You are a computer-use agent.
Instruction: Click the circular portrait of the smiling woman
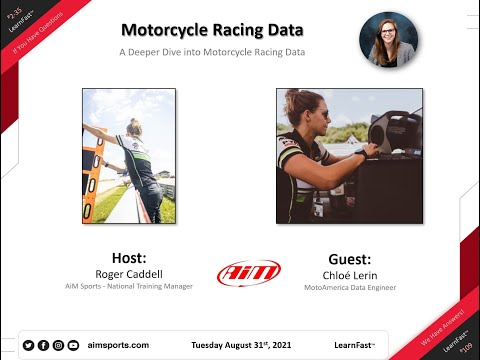click(x=389, y=40)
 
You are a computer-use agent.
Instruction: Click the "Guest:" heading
click(x=349, y=256)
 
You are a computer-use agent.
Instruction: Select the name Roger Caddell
click(x=129, y=272)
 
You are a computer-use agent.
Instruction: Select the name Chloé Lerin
click(x=349, y=273)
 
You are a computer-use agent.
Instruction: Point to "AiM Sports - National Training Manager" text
click(x=129, y=287)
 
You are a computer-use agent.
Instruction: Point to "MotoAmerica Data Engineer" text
click(x=349, y=288)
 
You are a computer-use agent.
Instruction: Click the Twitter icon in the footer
click(x=28, y=345)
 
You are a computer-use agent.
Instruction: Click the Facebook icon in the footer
click(x=43, y=345)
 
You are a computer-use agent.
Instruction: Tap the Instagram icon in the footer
click(x=58, y=345)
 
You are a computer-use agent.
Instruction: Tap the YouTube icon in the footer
click(x=73, y=345)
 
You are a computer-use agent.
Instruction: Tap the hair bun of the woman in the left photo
click(x=134, y=123)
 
